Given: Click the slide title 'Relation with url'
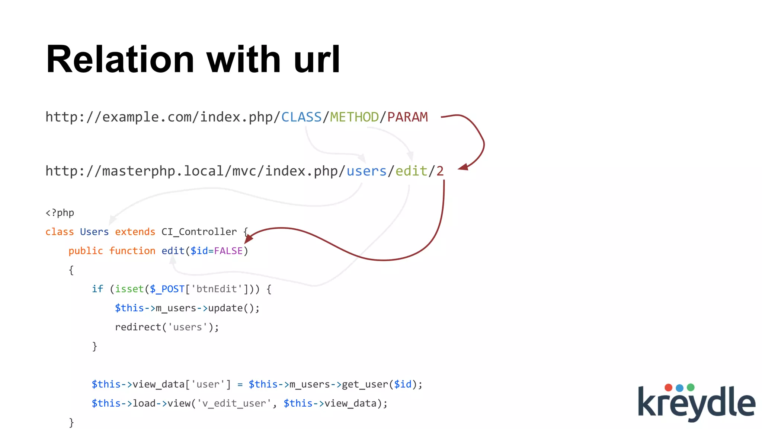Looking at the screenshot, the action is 193,60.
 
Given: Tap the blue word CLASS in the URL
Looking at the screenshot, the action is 301,117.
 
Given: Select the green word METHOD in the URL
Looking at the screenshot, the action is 354,117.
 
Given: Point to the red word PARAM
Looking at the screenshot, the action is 407,117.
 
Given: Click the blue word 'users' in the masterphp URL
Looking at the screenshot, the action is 366,171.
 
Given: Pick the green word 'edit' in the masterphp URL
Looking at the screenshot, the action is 411,171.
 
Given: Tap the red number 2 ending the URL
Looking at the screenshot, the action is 440,171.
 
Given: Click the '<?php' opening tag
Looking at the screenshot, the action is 60,213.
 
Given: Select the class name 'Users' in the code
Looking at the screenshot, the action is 94,232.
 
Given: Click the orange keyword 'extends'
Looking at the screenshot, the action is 135,232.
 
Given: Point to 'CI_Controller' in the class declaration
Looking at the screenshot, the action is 199,232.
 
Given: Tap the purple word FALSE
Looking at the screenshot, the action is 228,251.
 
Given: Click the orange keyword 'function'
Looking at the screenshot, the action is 132,251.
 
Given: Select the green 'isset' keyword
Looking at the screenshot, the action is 129,289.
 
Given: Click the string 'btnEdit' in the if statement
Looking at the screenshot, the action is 217,289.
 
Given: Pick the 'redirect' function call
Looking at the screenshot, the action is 138,327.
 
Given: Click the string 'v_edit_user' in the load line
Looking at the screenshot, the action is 234,403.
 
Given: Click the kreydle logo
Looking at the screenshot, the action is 696,402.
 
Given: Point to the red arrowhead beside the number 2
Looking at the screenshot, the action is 463,167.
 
